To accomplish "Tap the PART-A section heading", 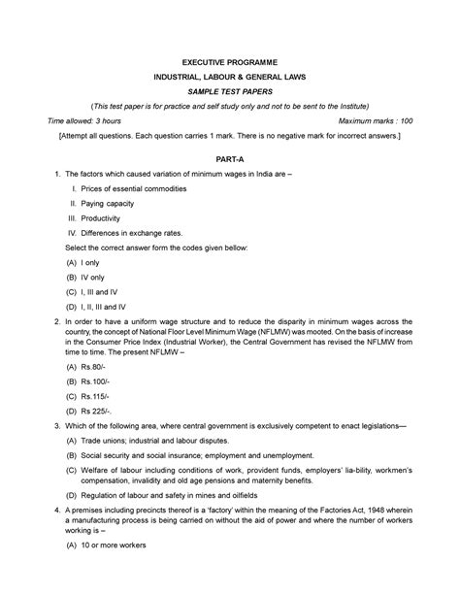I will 230,157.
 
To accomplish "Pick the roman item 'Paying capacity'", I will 108,204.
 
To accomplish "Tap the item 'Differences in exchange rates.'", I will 131,234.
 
